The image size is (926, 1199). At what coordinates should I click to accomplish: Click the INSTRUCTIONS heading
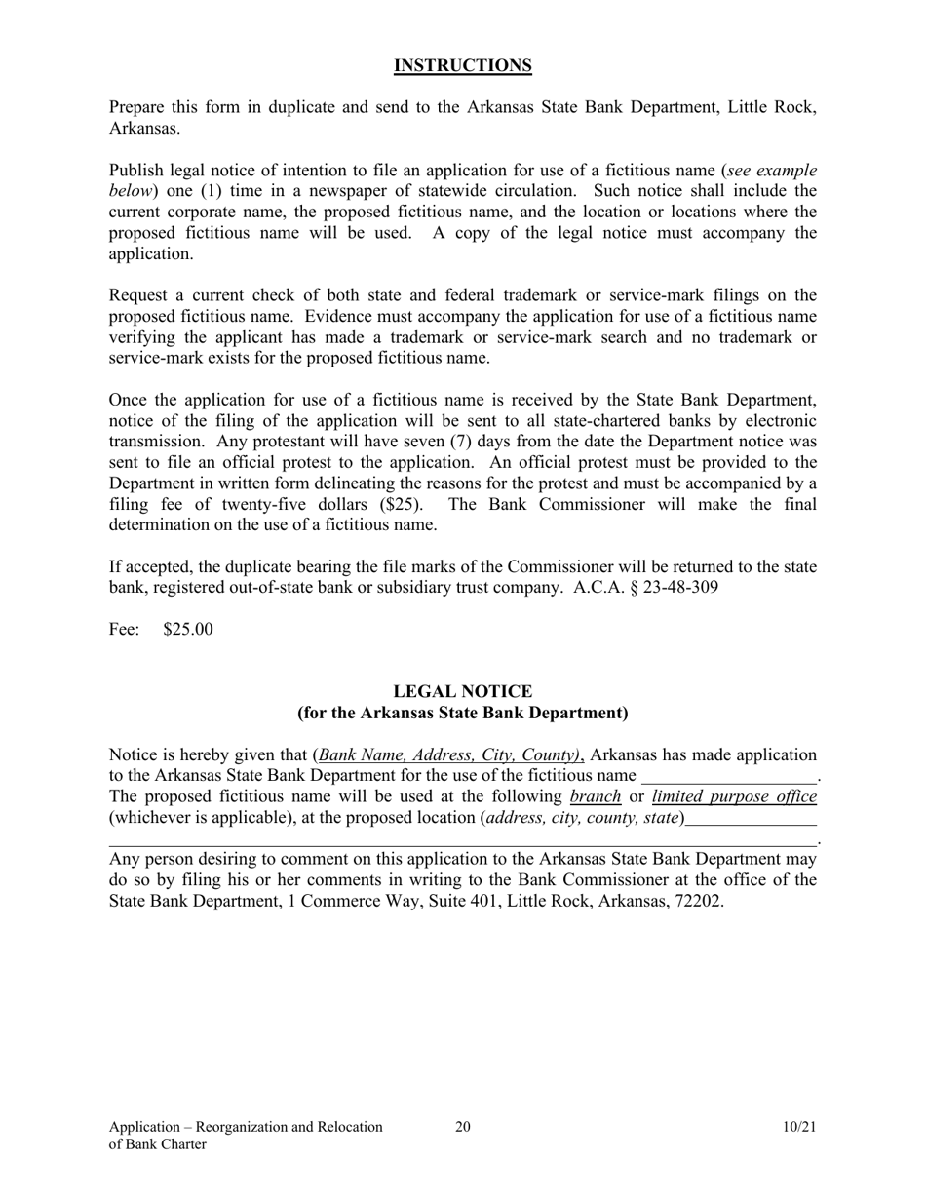click(462, 66)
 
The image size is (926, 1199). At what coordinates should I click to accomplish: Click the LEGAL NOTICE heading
click(462, 691)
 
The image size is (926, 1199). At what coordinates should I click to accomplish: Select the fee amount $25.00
click(188, 629)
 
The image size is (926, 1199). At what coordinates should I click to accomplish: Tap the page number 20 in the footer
click(462, 1127)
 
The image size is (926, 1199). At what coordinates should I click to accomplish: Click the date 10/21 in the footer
click(798, 1127)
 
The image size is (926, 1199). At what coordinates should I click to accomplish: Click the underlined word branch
click(595, 796)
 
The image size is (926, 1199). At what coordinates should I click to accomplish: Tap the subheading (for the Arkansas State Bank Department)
click(462, 713)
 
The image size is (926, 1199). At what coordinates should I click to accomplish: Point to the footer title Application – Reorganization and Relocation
click(246, 1127)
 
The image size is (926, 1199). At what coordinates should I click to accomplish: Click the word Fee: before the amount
click(124, 629)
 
